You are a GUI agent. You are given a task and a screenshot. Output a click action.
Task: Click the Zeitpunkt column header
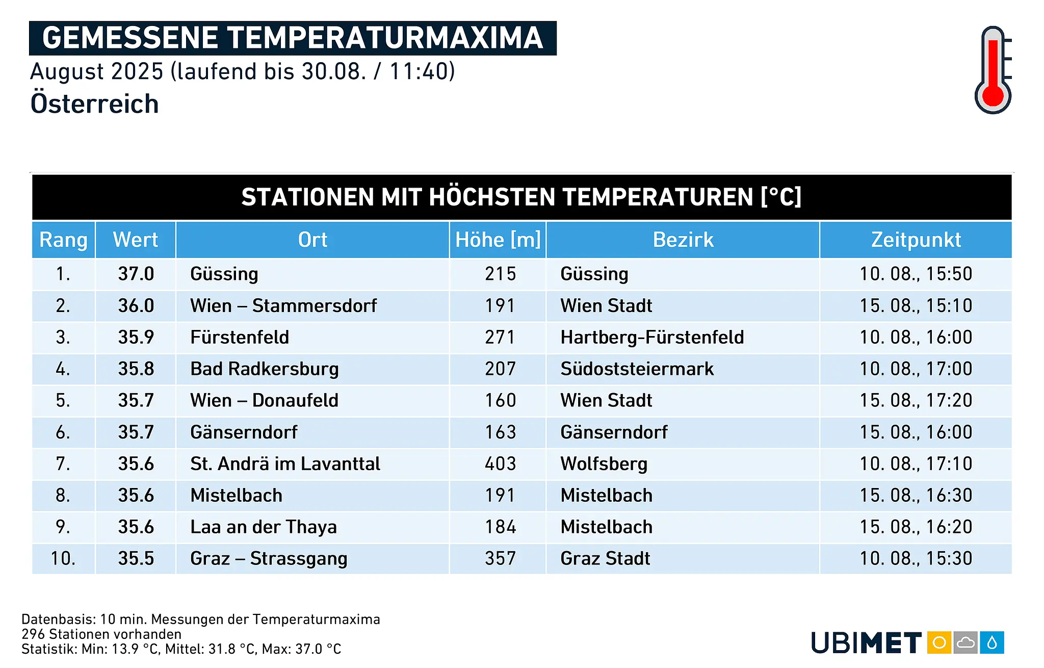[916, 240]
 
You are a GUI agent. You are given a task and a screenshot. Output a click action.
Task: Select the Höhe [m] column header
[498, 240]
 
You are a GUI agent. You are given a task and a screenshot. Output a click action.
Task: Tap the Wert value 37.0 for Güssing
[136, 274]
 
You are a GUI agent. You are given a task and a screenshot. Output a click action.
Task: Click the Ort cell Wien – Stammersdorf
[283, 305]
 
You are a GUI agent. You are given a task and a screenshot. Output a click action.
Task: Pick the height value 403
[500, 464]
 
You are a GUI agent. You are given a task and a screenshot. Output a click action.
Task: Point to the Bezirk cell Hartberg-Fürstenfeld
[652, 338]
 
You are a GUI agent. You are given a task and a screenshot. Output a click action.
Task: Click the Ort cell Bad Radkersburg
[265, 369]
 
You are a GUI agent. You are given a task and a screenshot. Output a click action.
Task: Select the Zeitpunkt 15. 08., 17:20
[916, 401]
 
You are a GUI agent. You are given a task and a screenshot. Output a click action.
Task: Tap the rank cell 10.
[63, 558]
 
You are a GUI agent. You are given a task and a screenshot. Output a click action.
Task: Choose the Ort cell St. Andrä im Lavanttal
[285, 464]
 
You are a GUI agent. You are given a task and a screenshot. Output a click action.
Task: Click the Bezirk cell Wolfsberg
[604, 464]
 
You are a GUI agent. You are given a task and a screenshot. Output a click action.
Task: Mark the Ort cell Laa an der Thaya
[264, 527]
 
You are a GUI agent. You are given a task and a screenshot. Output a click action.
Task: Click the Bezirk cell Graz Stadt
[605, 558]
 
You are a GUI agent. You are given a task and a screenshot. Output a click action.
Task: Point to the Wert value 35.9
[136, 337]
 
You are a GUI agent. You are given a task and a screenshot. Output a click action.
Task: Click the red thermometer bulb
[993, 96]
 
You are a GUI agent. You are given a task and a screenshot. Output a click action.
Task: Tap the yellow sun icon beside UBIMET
[939, 643]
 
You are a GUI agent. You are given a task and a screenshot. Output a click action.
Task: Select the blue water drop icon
[991, 643]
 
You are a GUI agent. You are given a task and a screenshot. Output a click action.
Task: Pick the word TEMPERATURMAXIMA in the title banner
[385, 38]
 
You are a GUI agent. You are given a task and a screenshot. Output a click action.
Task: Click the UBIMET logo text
[866, 643]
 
